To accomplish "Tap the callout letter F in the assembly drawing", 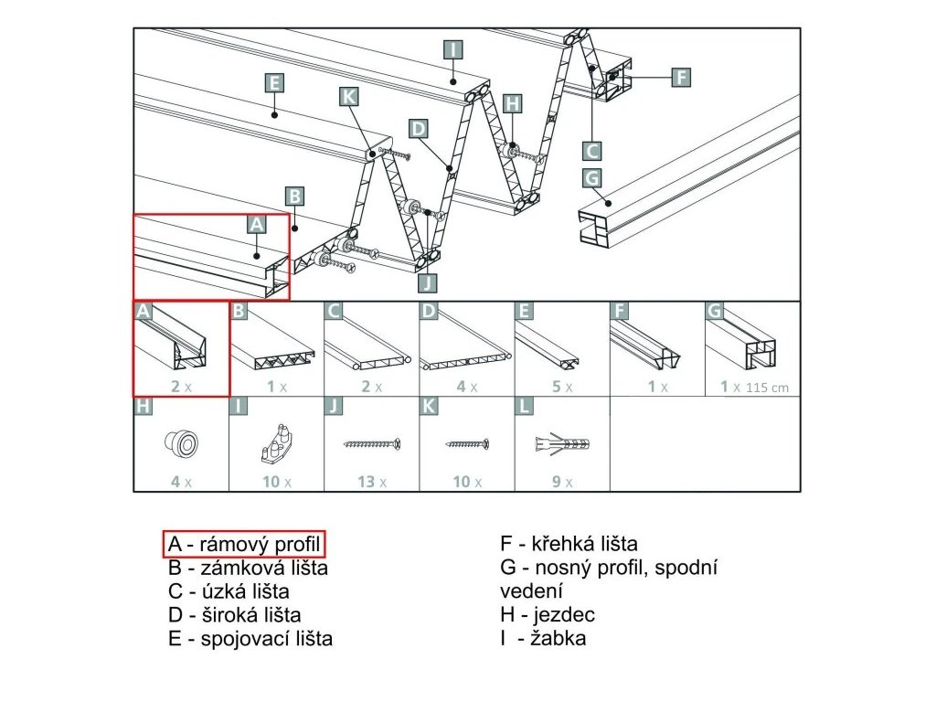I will pos(680,77).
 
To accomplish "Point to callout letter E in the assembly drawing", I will pos(273,83).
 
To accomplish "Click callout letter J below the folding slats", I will pos(429,281).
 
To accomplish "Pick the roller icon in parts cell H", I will pos(180,444).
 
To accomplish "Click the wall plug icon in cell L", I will pos(559,444).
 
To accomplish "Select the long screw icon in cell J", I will pos(371,444).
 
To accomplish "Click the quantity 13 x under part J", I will pos(371,482).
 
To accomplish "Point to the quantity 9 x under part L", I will pos(561,482).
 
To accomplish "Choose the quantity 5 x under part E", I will pos(561,387).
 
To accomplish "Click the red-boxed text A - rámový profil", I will pos(245,544).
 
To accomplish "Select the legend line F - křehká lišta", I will pos(569,544).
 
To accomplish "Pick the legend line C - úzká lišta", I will pos(229,591).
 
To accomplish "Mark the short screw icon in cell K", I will pos(467,444).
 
